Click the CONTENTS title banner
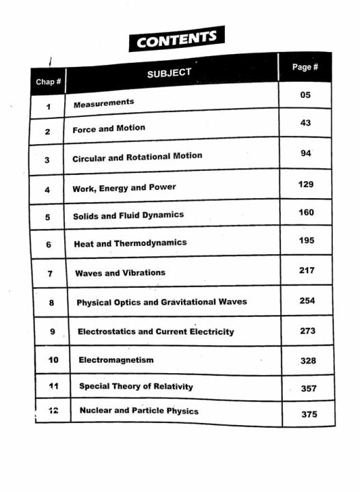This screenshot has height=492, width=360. [176, 39]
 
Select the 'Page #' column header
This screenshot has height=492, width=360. [305, 67]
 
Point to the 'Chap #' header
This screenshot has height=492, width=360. [48, 83]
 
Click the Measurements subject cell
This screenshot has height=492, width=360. [104, 102]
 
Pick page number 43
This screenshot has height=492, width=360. [305, 122]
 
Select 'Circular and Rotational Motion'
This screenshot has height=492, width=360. [137, 156]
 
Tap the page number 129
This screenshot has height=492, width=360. [306, 184]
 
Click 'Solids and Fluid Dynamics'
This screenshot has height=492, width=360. [128, 215]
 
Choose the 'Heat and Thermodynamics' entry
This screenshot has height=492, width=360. [130, 243]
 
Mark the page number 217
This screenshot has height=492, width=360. [307, 271]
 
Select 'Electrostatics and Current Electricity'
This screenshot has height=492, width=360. [156, 331]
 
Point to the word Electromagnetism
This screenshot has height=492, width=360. [116, 359]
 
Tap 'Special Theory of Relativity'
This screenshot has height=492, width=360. [136, 386]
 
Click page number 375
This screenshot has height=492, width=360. [309, 414]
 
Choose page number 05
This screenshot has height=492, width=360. [305, 95]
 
